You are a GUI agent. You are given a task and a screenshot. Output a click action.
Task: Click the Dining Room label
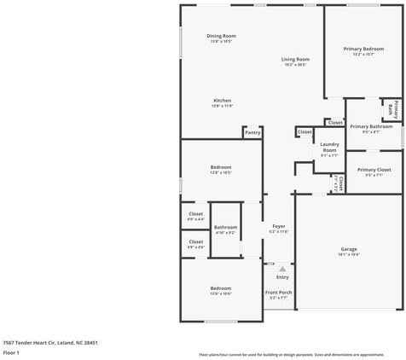pos(220,35)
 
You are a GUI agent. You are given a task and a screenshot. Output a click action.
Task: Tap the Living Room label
pos(295,59)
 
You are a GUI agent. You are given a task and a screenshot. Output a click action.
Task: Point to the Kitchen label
pos(222,101)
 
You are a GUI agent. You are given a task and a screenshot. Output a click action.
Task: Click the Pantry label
pos(252,133)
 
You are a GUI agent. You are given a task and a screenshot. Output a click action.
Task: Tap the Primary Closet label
pos(374,170)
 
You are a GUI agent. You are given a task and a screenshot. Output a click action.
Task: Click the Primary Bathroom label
pos(371,126)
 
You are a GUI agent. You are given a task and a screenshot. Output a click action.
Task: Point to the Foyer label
pos(279,227)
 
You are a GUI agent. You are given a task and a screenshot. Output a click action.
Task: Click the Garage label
pos(349,249)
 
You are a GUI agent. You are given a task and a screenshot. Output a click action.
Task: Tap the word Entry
pos(282,276)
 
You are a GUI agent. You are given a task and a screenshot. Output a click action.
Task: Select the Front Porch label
pos(280,293)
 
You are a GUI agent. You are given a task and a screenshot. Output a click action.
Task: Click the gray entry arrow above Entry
pos(282,267)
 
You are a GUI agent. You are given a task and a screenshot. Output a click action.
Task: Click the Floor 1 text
pos(11,351)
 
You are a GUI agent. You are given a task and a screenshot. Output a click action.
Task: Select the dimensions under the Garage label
pos(349,254)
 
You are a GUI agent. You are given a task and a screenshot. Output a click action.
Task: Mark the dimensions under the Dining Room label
pos(220,40)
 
